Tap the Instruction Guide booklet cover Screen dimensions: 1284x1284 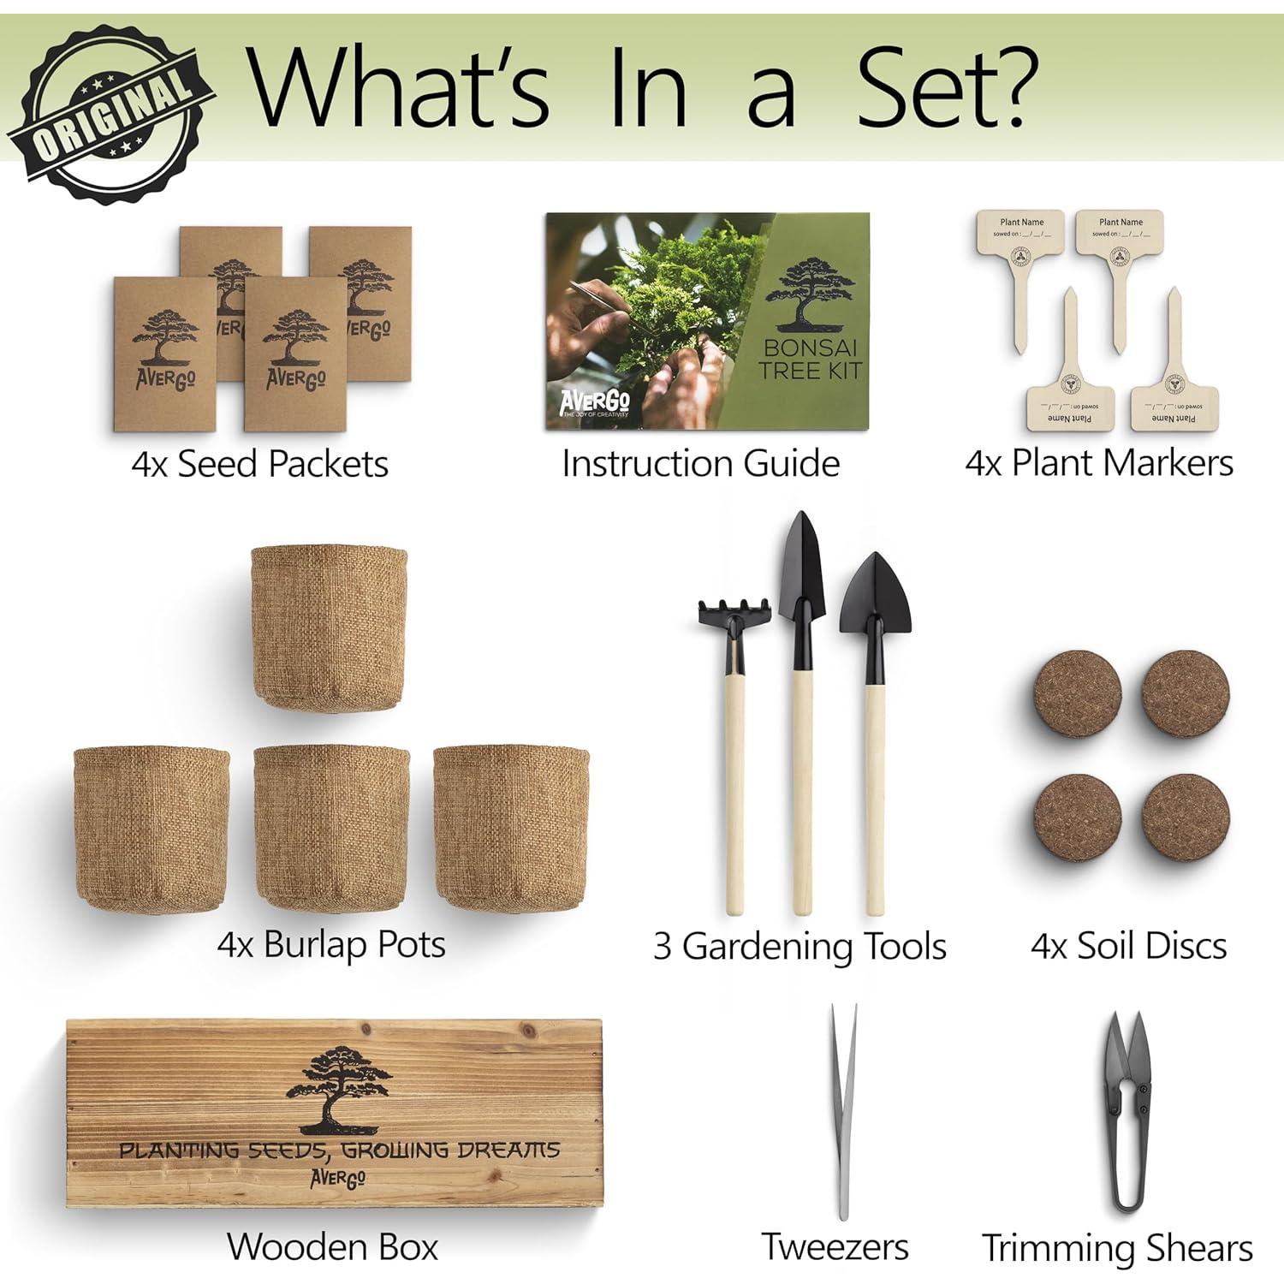point(707,321)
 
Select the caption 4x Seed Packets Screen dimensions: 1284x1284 point(259,465)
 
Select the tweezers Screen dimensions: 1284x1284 point(842,1113)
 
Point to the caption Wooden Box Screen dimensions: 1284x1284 point(332,1246)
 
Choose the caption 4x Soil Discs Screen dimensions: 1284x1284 point(1128,946)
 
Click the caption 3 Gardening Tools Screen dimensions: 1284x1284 point(800,946)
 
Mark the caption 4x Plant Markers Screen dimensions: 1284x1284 point(1099,463)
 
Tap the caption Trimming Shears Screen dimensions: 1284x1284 point(1117,1248)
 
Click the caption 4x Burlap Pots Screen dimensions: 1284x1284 point(331,945)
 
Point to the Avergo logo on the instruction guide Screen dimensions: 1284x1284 point(594,401)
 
